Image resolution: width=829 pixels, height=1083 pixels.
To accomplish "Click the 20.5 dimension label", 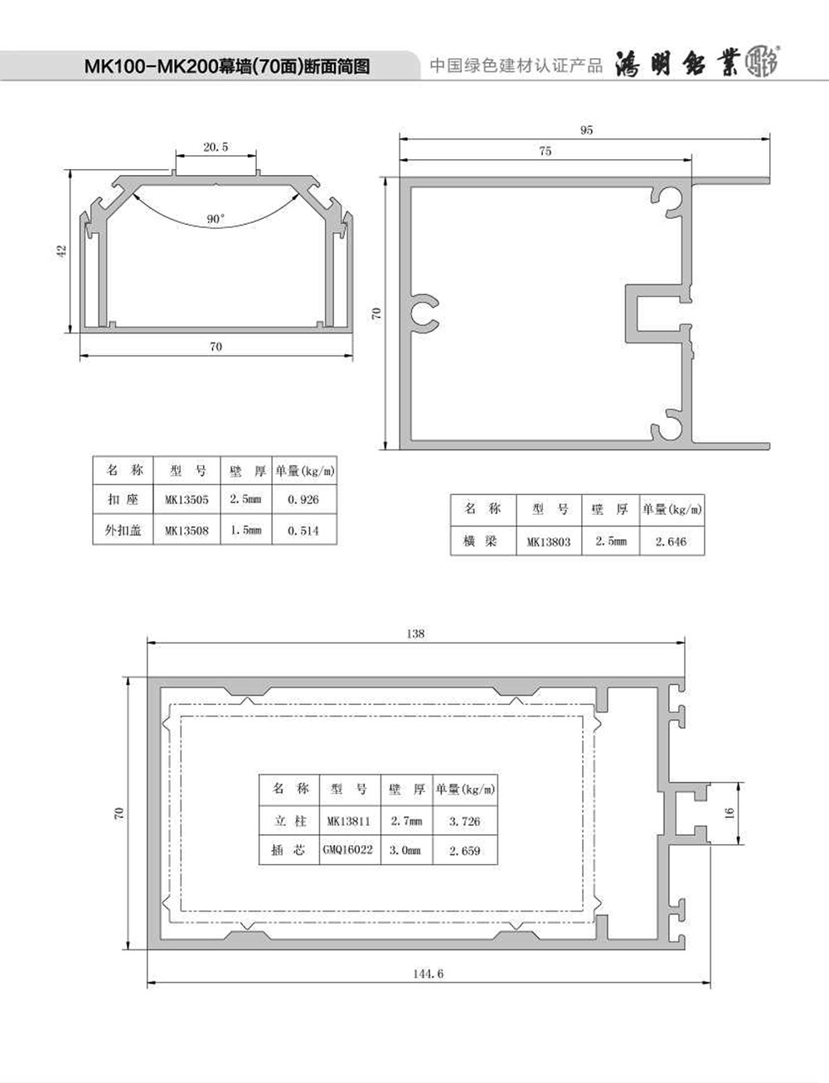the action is point(216,147).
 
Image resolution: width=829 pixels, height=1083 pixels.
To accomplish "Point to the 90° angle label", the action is point(216,219).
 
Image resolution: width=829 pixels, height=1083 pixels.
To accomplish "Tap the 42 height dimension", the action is point(62,251).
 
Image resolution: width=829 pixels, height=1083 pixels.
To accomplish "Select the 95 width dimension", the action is point(586,130).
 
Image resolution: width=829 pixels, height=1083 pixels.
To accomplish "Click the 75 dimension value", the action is point(545,151).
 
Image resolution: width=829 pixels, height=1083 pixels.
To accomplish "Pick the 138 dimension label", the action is point(415,634).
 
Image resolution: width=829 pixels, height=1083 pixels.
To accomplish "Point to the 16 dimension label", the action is point(730,813).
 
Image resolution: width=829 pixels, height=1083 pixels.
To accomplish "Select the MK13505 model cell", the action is point(187,499).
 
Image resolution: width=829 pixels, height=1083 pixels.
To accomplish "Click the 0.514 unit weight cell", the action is point(303,531).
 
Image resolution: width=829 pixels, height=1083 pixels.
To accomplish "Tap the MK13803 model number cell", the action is point(549,541).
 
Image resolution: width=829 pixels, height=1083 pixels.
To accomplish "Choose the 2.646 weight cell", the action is point(671,541).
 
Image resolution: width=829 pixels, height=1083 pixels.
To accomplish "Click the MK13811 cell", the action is point(349,821).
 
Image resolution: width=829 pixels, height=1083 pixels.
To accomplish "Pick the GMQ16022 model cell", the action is point(348,850).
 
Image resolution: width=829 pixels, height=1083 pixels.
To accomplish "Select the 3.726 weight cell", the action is point(464,821).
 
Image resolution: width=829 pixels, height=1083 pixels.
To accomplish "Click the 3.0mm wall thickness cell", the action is point(405,850).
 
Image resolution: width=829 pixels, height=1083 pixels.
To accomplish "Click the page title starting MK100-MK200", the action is point(227,66).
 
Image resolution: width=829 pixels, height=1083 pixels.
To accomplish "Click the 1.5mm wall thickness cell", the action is point(245,530).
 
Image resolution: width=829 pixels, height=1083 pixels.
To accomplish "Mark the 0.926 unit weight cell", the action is point(303,499).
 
